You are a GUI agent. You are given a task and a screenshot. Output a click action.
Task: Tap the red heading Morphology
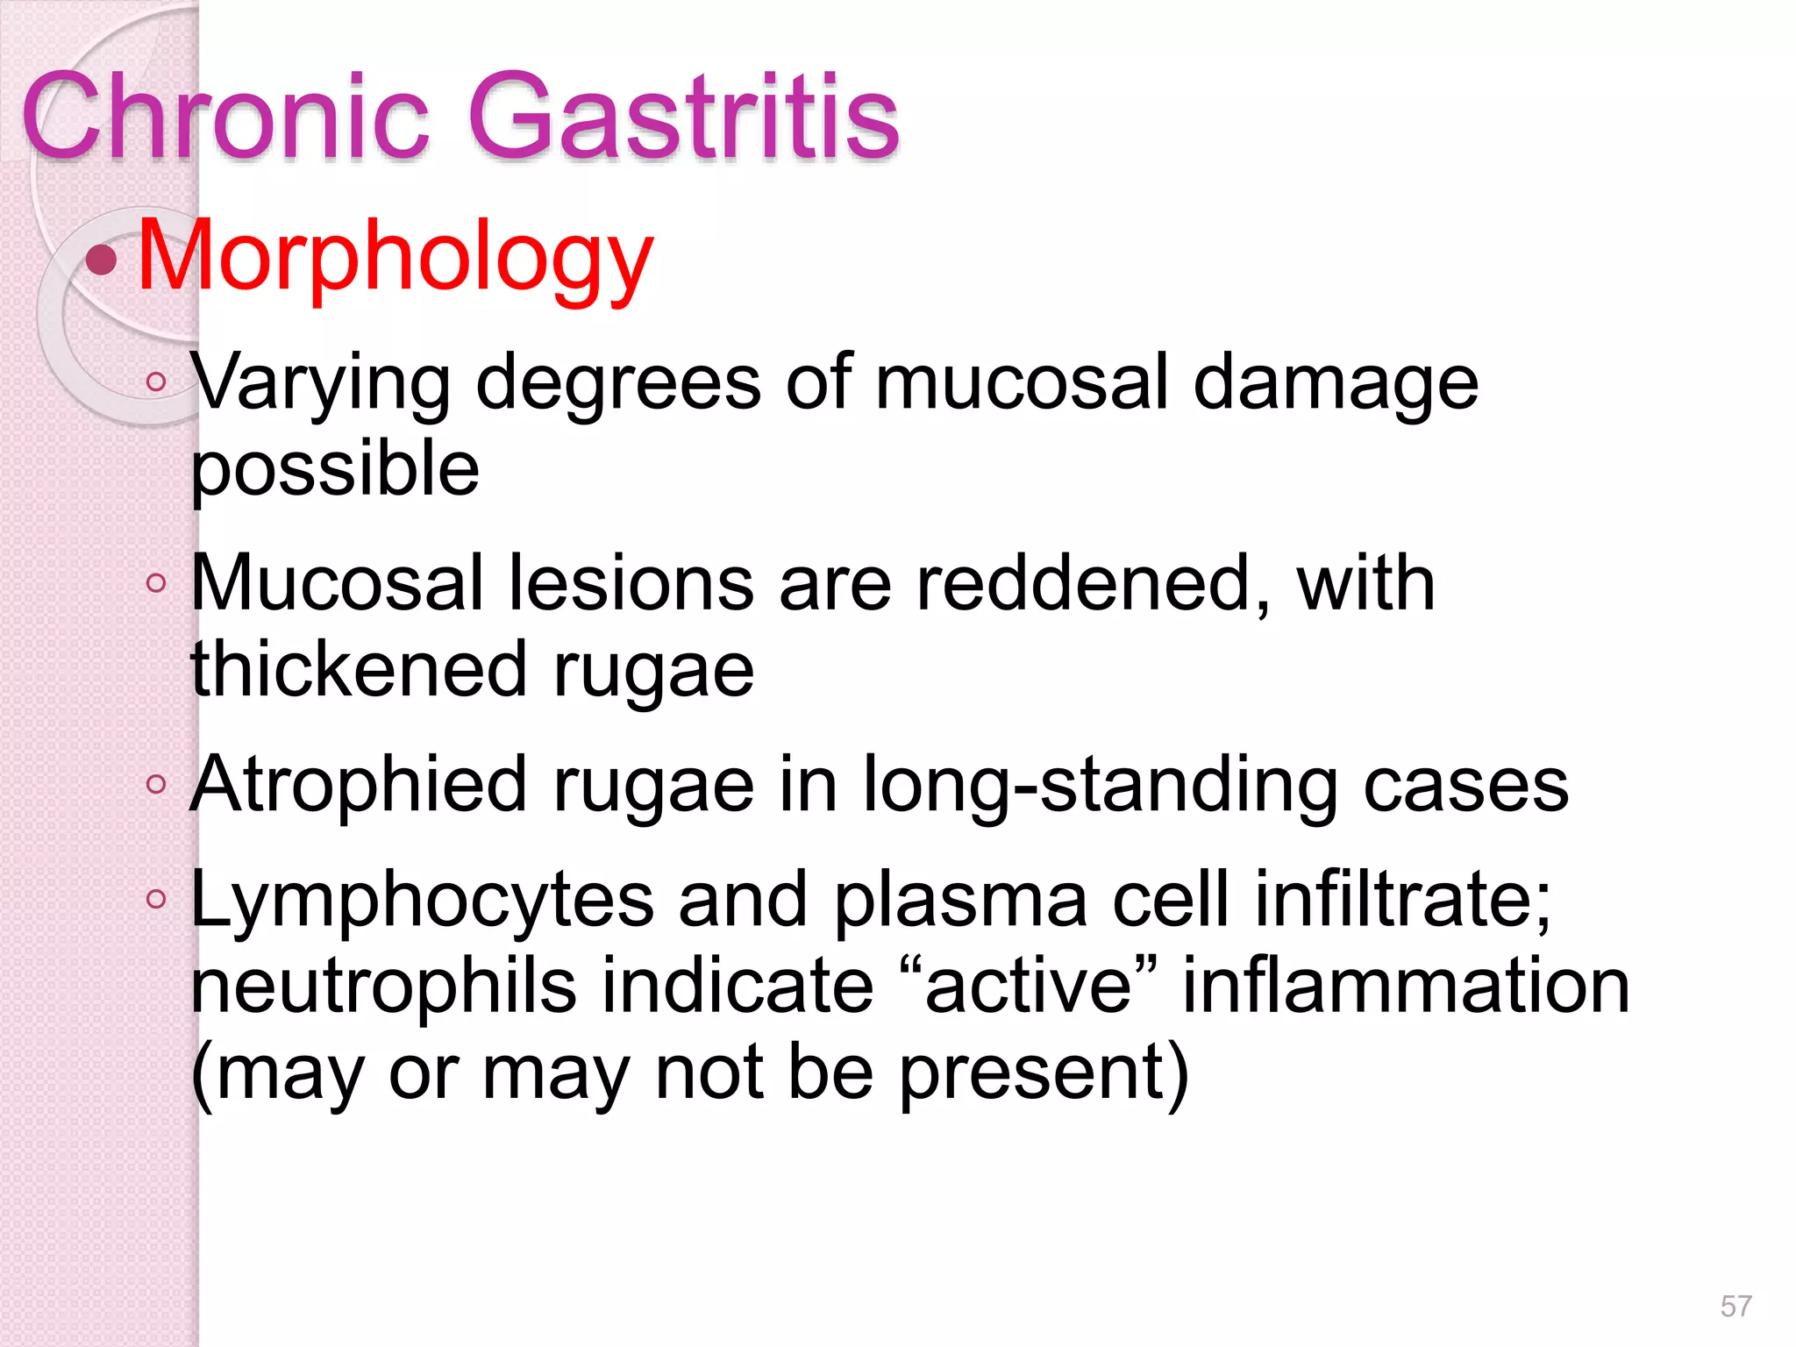click(x=396, y=256)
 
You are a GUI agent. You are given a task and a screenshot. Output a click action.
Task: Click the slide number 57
click(x=1735, y=1306)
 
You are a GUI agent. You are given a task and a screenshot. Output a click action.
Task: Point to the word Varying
click(x=321, y=383)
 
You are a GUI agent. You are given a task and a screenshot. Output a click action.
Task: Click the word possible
click(x=335, y=468)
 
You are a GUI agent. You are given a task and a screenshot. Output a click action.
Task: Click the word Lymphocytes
click(x=422, y=900)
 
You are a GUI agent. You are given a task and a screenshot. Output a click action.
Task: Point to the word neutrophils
click(x=383, y=986)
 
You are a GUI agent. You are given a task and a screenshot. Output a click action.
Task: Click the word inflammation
click(x=1406, y=986)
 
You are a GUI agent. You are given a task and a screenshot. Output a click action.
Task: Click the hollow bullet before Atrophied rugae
click(x=156, y=784)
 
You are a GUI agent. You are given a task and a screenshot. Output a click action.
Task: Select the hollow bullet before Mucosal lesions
click(x=156, y=583)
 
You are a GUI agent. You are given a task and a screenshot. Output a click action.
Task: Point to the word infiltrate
click(x=1402, y=900)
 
